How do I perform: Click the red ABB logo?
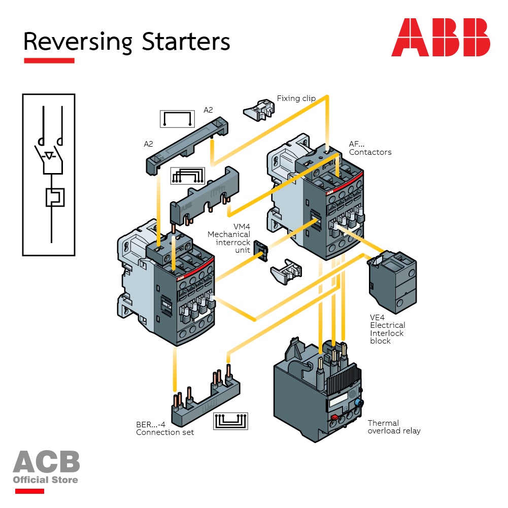coord(441,38)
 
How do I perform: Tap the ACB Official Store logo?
coord(46,466)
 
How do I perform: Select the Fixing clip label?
coord(296,98)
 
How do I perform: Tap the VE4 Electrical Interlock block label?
coord(387,329)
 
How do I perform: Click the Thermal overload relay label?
coord(394,427)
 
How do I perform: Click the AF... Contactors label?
coord(369,148)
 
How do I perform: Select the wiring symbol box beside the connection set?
coord(231,421)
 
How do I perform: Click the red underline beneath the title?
coord(49,60)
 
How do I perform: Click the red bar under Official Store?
coord(29,491)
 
